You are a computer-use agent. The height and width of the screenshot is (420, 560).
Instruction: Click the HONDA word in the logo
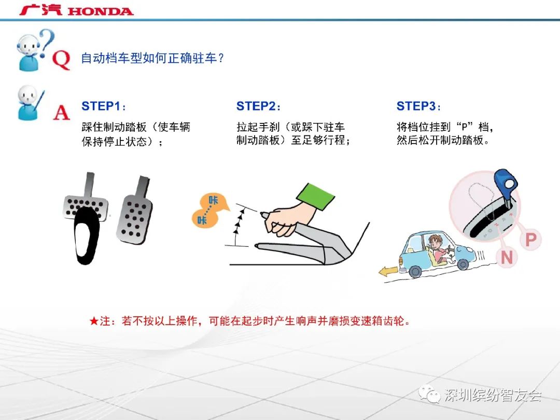pos(101,11)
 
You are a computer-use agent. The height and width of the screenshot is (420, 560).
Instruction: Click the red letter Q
pos(61,60)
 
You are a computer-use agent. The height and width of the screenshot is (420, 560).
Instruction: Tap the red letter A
pos(61,113)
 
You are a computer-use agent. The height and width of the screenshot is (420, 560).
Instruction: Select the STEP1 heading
pos(104,106)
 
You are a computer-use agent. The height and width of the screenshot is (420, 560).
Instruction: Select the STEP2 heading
pos(258,106)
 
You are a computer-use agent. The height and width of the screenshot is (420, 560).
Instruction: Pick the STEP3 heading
pos(418,106)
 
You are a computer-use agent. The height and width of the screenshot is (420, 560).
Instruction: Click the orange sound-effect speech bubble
pos(209,211)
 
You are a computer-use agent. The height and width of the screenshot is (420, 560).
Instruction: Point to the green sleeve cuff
pos(315,197)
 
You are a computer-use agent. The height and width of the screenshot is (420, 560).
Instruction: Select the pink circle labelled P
pos(531,240)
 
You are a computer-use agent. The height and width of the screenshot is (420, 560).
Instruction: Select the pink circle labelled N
pos(507,258)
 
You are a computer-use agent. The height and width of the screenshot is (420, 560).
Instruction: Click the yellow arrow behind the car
pos(388,271)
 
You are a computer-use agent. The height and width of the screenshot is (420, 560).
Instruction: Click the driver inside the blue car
pos(440,248)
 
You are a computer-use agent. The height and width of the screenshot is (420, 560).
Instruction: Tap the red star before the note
pos(94,321)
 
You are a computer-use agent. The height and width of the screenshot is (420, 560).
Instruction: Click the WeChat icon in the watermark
pos(429,394)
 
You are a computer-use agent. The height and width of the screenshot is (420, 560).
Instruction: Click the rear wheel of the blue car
pos(415,271)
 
